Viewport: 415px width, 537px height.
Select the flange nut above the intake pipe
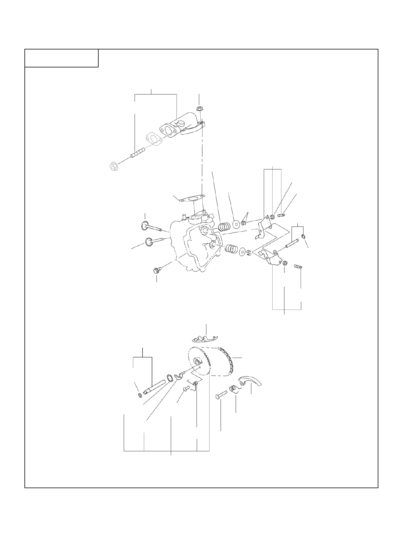pyautogui.click(x=199, y=109)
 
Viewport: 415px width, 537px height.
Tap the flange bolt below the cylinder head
pyautogui.click(x=157, y=270)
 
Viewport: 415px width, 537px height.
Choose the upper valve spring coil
pyautogui.click(x=224, y=226)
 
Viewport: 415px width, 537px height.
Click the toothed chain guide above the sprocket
pyautogui.click(x=203, y=339)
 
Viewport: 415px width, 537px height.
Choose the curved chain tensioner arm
pyautogui.click(x=251, y=381)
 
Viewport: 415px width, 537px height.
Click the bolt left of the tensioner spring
pyautogui.click(x=221, y=396)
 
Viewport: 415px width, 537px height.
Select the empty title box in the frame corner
pyautogui.click(x=61, y=58)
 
